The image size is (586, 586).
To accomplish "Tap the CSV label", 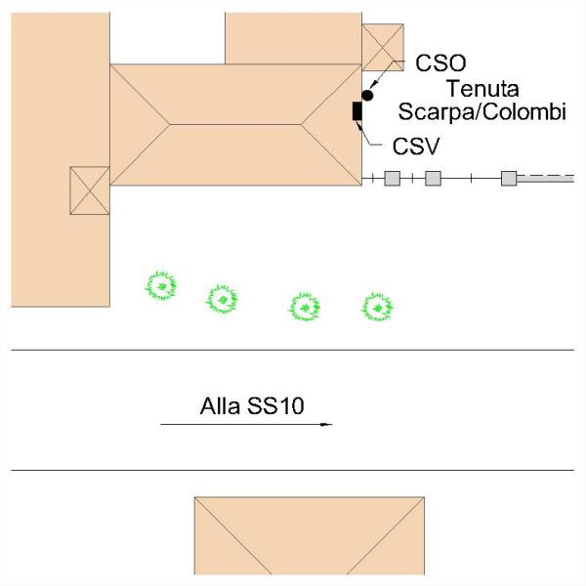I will [x=415, y=147].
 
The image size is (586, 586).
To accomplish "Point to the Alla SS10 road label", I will [x=252, y=405].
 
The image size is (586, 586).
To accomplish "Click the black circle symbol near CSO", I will [x=368, y=95].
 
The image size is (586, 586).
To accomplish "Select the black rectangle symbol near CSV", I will [x=357, y=111].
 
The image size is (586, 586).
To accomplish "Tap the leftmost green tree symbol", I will [x=160, y=286].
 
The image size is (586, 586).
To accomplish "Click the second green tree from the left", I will [x=223, y=298].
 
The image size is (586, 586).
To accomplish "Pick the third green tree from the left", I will [x=306, y=308].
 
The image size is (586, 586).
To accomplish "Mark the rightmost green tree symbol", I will [x=377, y=308].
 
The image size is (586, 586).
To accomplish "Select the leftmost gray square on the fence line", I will [x=391, y=178].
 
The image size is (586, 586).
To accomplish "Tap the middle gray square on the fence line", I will [x=434, y=178].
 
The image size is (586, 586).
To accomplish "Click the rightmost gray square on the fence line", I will [x=508, y=178].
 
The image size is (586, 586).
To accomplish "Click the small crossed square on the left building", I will [x=90, y=189].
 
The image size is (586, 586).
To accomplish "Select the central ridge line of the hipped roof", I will [x=235, y=124].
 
